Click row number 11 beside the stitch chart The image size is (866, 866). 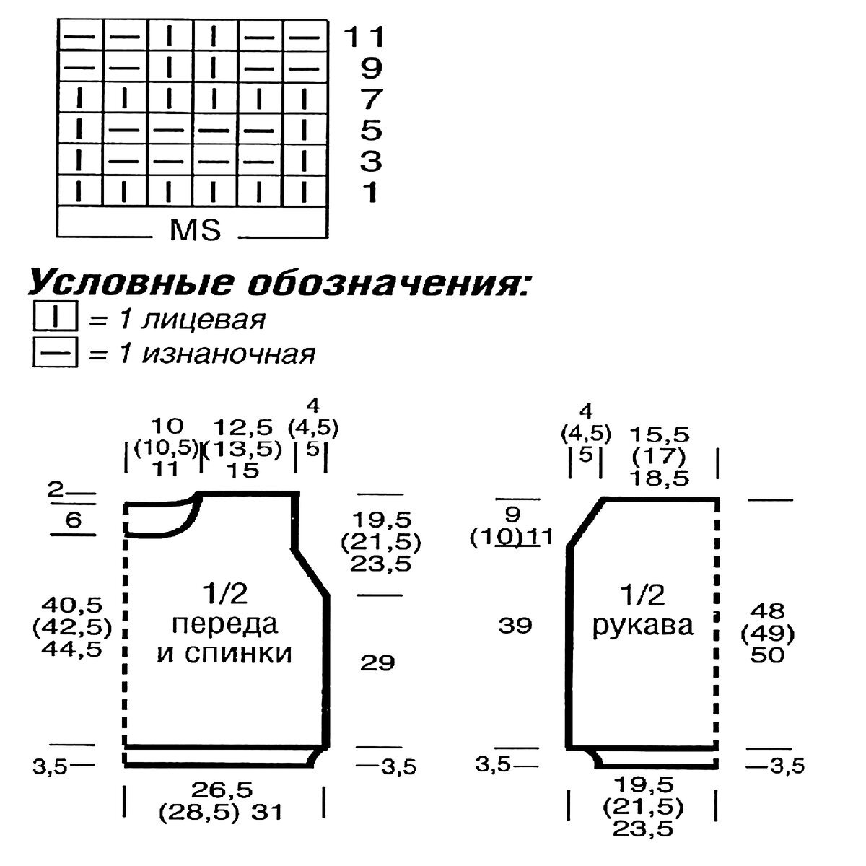point(364,37)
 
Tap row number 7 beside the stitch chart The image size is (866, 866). point(371,100)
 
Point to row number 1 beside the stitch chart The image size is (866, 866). point(371,193)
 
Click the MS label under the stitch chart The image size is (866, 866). point(195,230)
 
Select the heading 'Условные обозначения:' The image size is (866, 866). point(279,283)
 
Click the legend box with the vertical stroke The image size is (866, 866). point(54,318)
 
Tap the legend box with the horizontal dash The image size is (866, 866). point(54,354)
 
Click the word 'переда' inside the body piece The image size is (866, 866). point(226,624)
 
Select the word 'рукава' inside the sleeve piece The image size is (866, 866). point(643,625)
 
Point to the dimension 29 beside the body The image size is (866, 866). point(377,662)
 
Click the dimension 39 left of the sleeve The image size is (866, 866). point(515,625)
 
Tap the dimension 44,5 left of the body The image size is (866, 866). point(71,647)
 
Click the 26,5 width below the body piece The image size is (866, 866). point(222,789)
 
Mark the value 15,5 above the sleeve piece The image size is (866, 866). point(659,434)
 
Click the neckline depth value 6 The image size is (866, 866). point(72,520)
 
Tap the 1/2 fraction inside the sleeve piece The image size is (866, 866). point(642,595)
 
